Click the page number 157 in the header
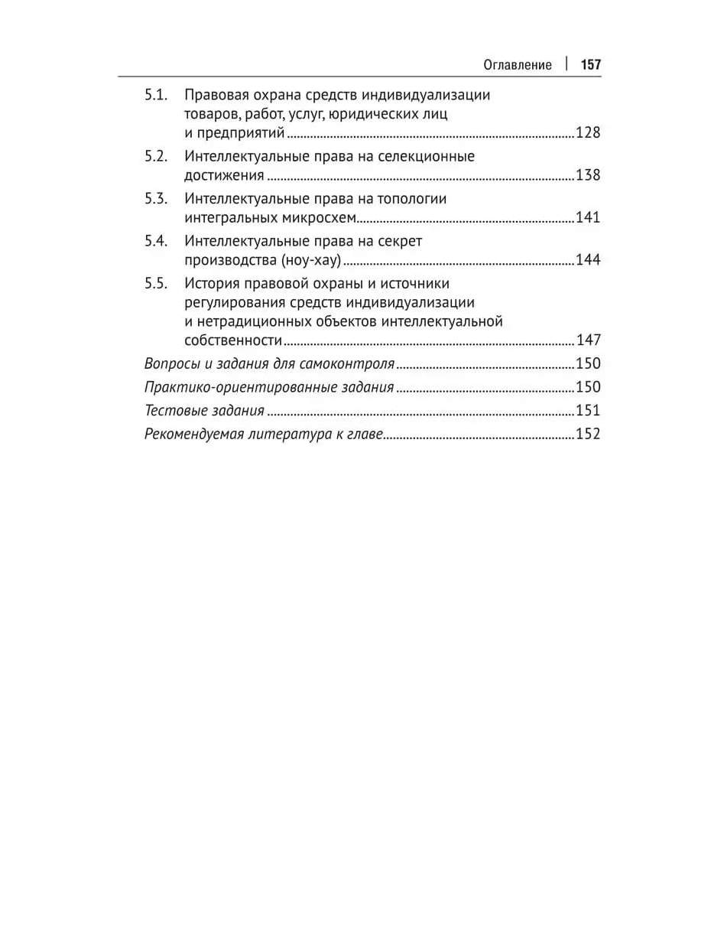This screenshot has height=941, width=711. coord(591,64)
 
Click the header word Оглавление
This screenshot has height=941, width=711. coord(518,64)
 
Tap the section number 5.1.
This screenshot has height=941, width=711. coord(156,96)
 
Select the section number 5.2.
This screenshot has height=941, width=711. coord(156,156)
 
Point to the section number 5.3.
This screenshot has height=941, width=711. coord(156,199)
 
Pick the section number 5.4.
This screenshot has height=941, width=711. coord(156,241)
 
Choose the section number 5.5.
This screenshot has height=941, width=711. coord(156,284)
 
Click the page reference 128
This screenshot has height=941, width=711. coord(588,133)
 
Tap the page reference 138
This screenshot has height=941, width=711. coord(588,175)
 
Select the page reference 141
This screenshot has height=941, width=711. coord(588,218)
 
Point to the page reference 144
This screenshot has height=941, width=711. coord(588,260)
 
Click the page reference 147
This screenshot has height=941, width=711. coord(588,340)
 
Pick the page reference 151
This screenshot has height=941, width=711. coord(588,411)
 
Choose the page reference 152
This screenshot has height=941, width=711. coord(588,435)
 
